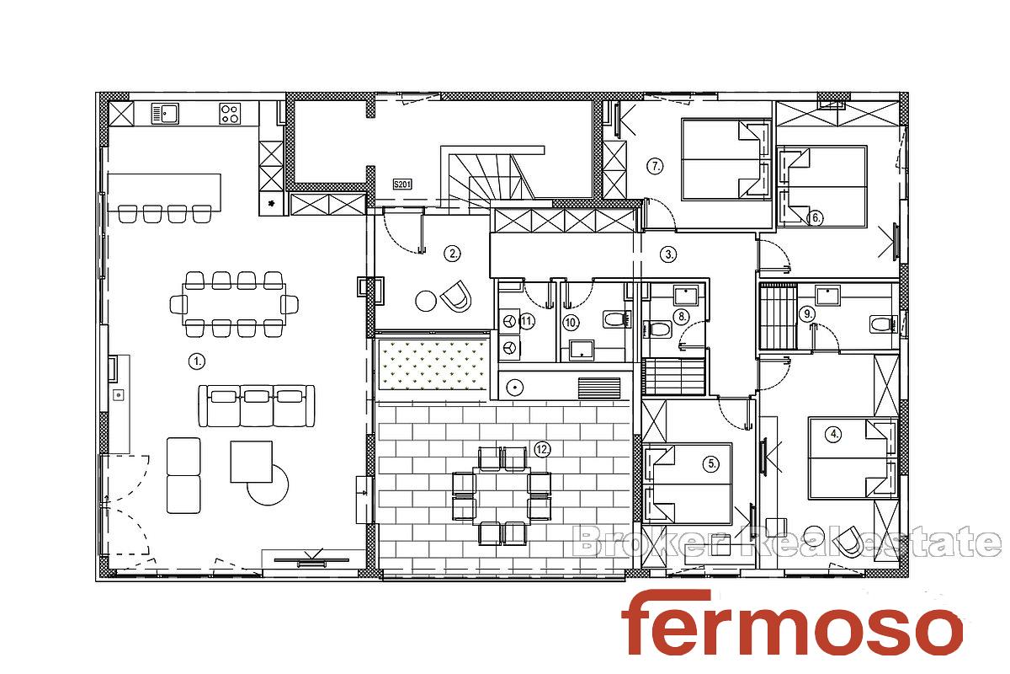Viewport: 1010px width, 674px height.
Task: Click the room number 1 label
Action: [197, 361]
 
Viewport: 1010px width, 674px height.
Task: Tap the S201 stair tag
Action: [402, 185]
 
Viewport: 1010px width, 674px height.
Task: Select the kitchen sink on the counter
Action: [165, 113]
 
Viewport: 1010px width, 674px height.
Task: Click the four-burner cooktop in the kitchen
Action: [230, 113]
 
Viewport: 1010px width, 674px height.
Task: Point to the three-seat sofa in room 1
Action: [257, 405]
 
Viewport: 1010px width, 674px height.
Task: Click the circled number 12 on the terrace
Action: [542, 449]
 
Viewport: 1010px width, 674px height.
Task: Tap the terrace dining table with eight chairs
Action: [502, 495]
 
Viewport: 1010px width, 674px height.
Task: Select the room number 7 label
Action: [655, 166]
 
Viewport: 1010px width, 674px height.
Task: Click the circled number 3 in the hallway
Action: [668, 254]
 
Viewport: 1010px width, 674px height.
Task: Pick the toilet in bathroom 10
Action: [615, 319]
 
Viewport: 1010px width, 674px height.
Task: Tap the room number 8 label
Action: [683, 317]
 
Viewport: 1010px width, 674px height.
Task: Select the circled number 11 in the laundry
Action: [527, 322]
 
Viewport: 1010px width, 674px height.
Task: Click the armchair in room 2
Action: [456, 297]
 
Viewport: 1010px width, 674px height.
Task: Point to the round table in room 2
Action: [426, 301]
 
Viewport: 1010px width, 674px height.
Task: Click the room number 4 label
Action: [834, 434]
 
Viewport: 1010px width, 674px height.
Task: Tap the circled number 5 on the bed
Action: [711, 463]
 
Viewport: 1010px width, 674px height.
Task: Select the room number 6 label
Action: [816, 218]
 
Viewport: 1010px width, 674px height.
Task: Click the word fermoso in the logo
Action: [792, 623]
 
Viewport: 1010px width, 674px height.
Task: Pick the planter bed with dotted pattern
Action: [433, 365]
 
